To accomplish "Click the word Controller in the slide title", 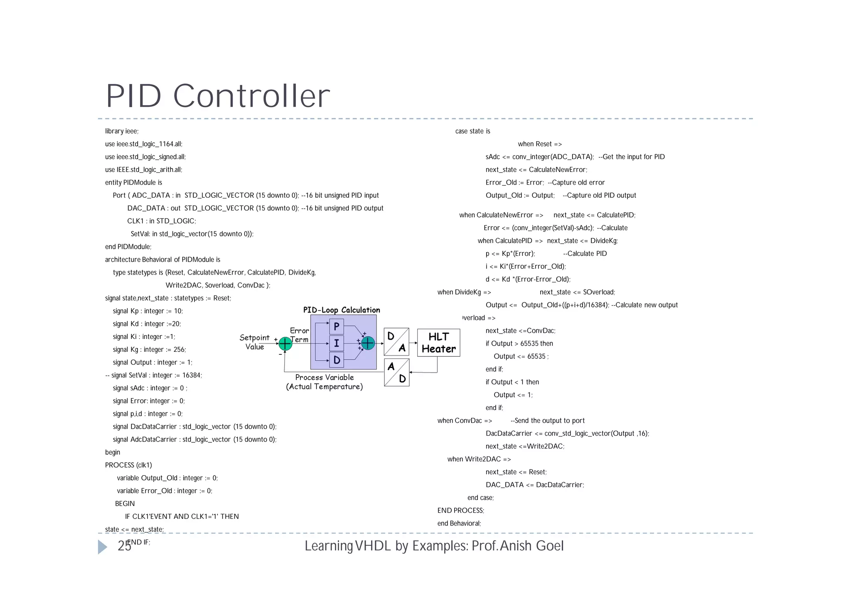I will (251, 96).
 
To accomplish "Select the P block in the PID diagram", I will (337, 327).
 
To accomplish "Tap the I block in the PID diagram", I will (337, 343).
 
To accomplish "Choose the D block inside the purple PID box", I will (337, 360).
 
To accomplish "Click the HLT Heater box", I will (438, 343).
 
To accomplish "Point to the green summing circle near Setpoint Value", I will (285, 344).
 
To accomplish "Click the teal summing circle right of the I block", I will (368, 343).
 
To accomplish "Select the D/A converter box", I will (396, 342).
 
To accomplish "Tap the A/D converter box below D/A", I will (397, 373).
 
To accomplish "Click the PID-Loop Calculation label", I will (341, 310).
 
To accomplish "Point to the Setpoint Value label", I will (254, 342).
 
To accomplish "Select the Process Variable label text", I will (325, 378).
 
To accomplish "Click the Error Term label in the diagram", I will (300, 335).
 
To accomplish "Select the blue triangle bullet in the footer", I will (102, 547).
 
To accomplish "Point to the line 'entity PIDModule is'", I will (133, 183).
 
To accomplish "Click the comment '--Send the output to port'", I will (547, 421).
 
